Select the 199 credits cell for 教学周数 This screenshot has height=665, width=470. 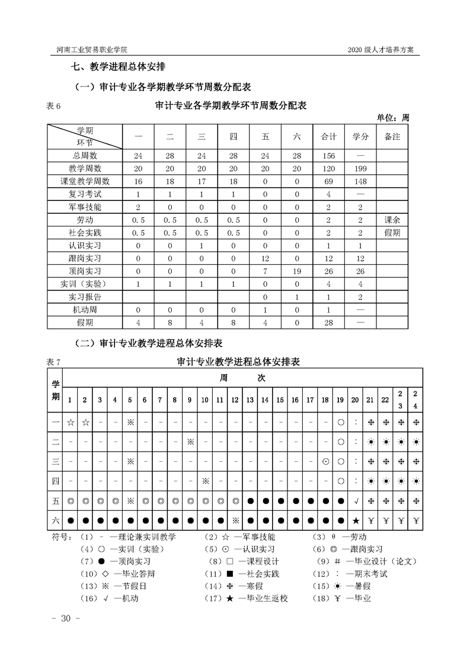coord(360,168)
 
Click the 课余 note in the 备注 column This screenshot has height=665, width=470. coord(392,220)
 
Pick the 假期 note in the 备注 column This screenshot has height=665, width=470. coord(392,233)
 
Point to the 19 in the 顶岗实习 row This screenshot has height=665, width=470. coord(297,271)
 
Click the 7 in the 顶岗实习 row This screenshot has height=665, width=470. coord(265,271)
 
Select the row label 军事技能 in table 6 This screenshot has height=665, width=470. coord(85,207)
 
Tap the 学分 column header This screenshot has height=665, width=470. coord(360,137)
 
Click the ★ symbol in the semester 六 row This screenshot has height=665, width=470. coord(356,522)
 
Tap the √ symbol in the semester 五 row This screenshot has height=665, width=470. coord(356,501)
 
